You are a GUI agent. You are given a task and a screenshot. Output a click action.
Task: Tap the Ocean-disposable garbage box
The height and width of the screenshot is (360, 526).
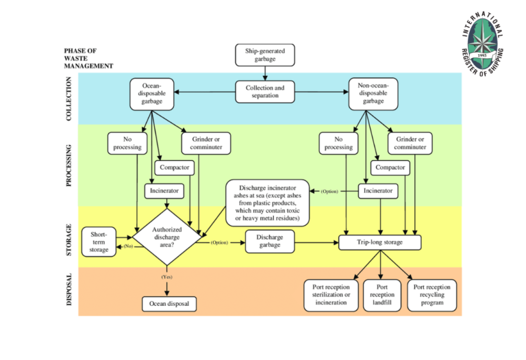point(151,94)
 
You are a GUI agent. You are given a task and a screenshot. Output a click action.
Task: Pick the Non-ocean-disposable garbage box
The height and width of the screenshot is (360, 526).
point(373,94)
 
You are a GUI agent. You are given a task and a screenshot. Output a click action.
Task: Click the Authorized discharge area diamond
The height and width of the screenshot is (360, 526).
point(166,237)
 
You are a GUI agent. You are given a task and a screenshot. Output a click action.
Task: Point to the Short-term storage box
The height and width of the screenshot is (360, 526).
point(99,242)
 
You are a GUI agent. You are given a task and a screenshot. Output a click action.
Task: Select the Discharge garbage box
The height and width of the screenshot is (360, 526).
point(270,242)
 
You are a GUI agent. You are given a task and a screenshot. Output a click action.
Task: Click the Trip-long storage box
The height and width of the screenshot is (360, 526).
point(380,242)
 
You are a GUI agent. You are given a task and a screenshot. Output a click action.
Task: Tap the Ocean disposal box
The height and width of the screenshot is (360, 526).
point(169,303)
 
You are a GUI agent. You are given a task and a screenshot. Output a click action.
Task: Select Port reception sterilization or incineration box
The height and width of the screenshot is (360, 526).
point(331,295)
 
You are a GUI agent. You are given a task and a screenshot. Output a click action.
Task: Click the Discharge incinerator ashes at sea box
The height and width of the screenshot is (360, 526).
point(267,203)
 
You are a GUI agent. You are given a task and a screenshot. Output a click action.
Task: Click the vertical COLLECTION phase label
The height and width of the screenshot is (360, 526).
point(68,100)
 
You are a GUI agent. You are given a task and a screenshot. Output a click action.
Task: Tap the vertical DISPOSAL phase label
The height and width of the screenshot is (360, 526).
point(68,290)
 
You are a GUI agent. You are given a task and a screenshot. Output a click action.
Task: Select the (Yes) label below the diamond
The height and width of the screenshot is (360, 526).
point(166,277)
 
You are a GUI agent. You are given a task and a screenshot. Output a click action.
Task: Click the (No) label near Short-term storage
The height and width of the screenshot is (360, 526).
point(127,246)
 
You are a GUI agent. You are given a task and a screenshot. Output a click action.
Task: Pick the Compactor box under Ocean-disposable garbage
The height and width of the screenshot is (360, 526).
point(174,167)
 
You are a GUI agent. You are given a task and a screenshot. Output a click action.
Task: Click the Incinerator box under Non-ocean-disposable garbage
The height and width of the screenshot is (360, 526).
point(378,191)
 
